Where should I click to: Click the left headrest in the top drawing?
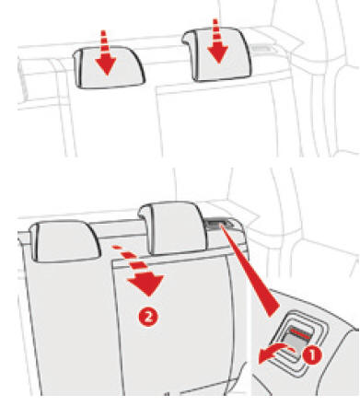pyautogui.click(x=109, y=67)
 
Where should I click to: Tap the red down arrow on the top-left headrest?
pyautogui.click(x=106, y=52)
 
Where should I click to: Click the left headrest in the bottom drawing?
pyautogui.click(x=64, y=241)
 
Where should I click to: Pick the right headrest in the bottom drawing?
pyautogui.click(x=172, y=228)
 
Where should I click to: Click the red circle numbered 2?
pyautogui.click(x=148, y=317)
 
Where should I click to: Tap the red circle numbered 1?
pyautogui.click(x=312, y=355)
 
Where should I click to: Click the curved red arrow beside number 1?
pyautogui.click(x=274, y=352)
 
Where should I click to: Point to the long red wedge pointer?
pyautogui.click(x=250, y=270)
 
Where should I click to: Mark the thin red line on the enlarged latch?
pyautogui.click(x=300, y=334)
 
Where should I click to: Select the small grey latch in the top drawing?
pyautogui.click(x=261, y=49)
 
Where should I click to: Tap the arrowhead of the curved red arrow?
pyautogui.click(x=263, y=356)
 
